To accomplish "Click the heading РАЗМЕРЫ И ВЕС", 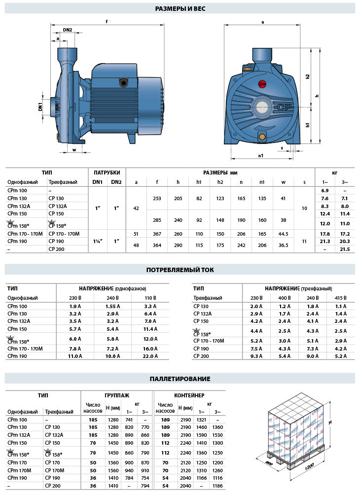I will click(x=180, y=8).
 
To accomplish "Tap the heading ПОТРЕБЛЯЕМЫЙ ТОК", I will click(x=180, y=270).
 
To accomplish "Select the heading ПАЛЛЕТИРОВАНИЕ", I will click(x=180, y=379).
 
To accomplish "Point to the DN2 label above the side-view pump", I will click(x=68, y=30).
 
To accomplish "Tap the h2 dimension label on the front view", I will click(x=307, y=76).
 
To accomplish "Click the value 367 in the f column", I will click(x=157, y=234).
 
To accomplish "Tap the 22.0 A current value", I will click(x=150, y=356).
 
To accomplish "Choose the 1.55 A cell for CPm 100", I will click(x=113, y=306).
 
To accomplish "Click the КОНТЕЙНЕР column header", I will click(x=189, y=395).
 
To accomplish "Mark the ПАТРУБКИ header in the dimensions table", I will click(x=107, y=173).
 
